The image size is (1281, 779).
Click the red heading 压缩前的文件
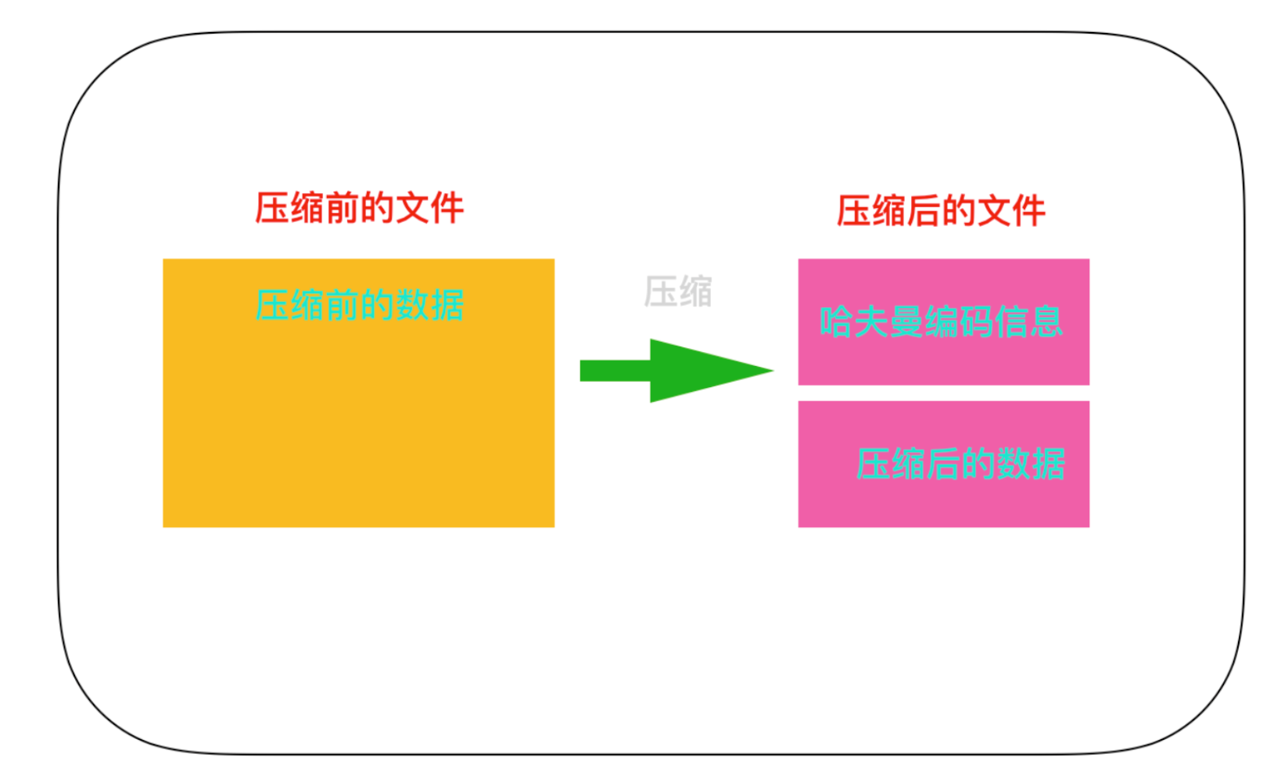[359, 209]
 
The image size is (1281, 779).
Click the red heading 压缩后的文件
[941, 211]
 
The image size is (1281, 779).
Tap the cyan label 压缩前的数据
[359, 305]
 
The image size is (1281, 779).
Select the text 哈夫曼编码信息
[941, 322]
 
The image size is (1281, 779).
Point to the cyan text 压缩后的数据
[960, 464]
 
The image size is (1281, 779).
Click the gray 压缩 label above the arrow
[678, 292]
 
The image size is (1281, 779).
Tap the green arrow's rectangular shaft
[615, 371]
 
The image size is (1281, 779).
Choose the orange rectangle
[358, 422]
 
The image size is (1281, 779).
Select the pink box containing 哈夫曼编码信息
[943, 360]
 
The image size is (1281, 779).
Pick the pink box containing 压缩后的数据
[943, 501]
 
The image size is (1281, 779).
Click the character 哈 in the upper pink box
[836, 322]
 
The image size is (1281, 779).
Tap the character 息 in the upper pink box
[1046, 322]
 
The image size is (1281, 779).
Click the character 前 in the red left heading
[342, 209]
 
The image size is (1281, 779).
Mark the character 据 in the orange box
[447, 305]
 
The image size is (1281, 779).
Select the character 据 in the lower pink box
[1048, 464]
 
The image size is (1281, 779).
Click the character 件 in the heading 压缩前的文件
[447, 209]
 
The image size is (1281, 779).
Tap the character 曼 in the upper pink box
[906, 322]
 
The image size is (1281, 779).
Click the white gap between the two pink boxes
[943, 393]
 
